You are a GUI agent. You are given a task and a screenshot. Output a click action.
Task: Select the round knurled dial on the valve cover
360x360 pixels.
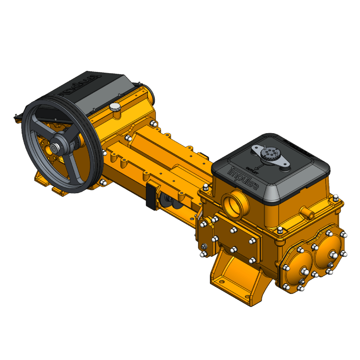[x=267, y=154]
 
